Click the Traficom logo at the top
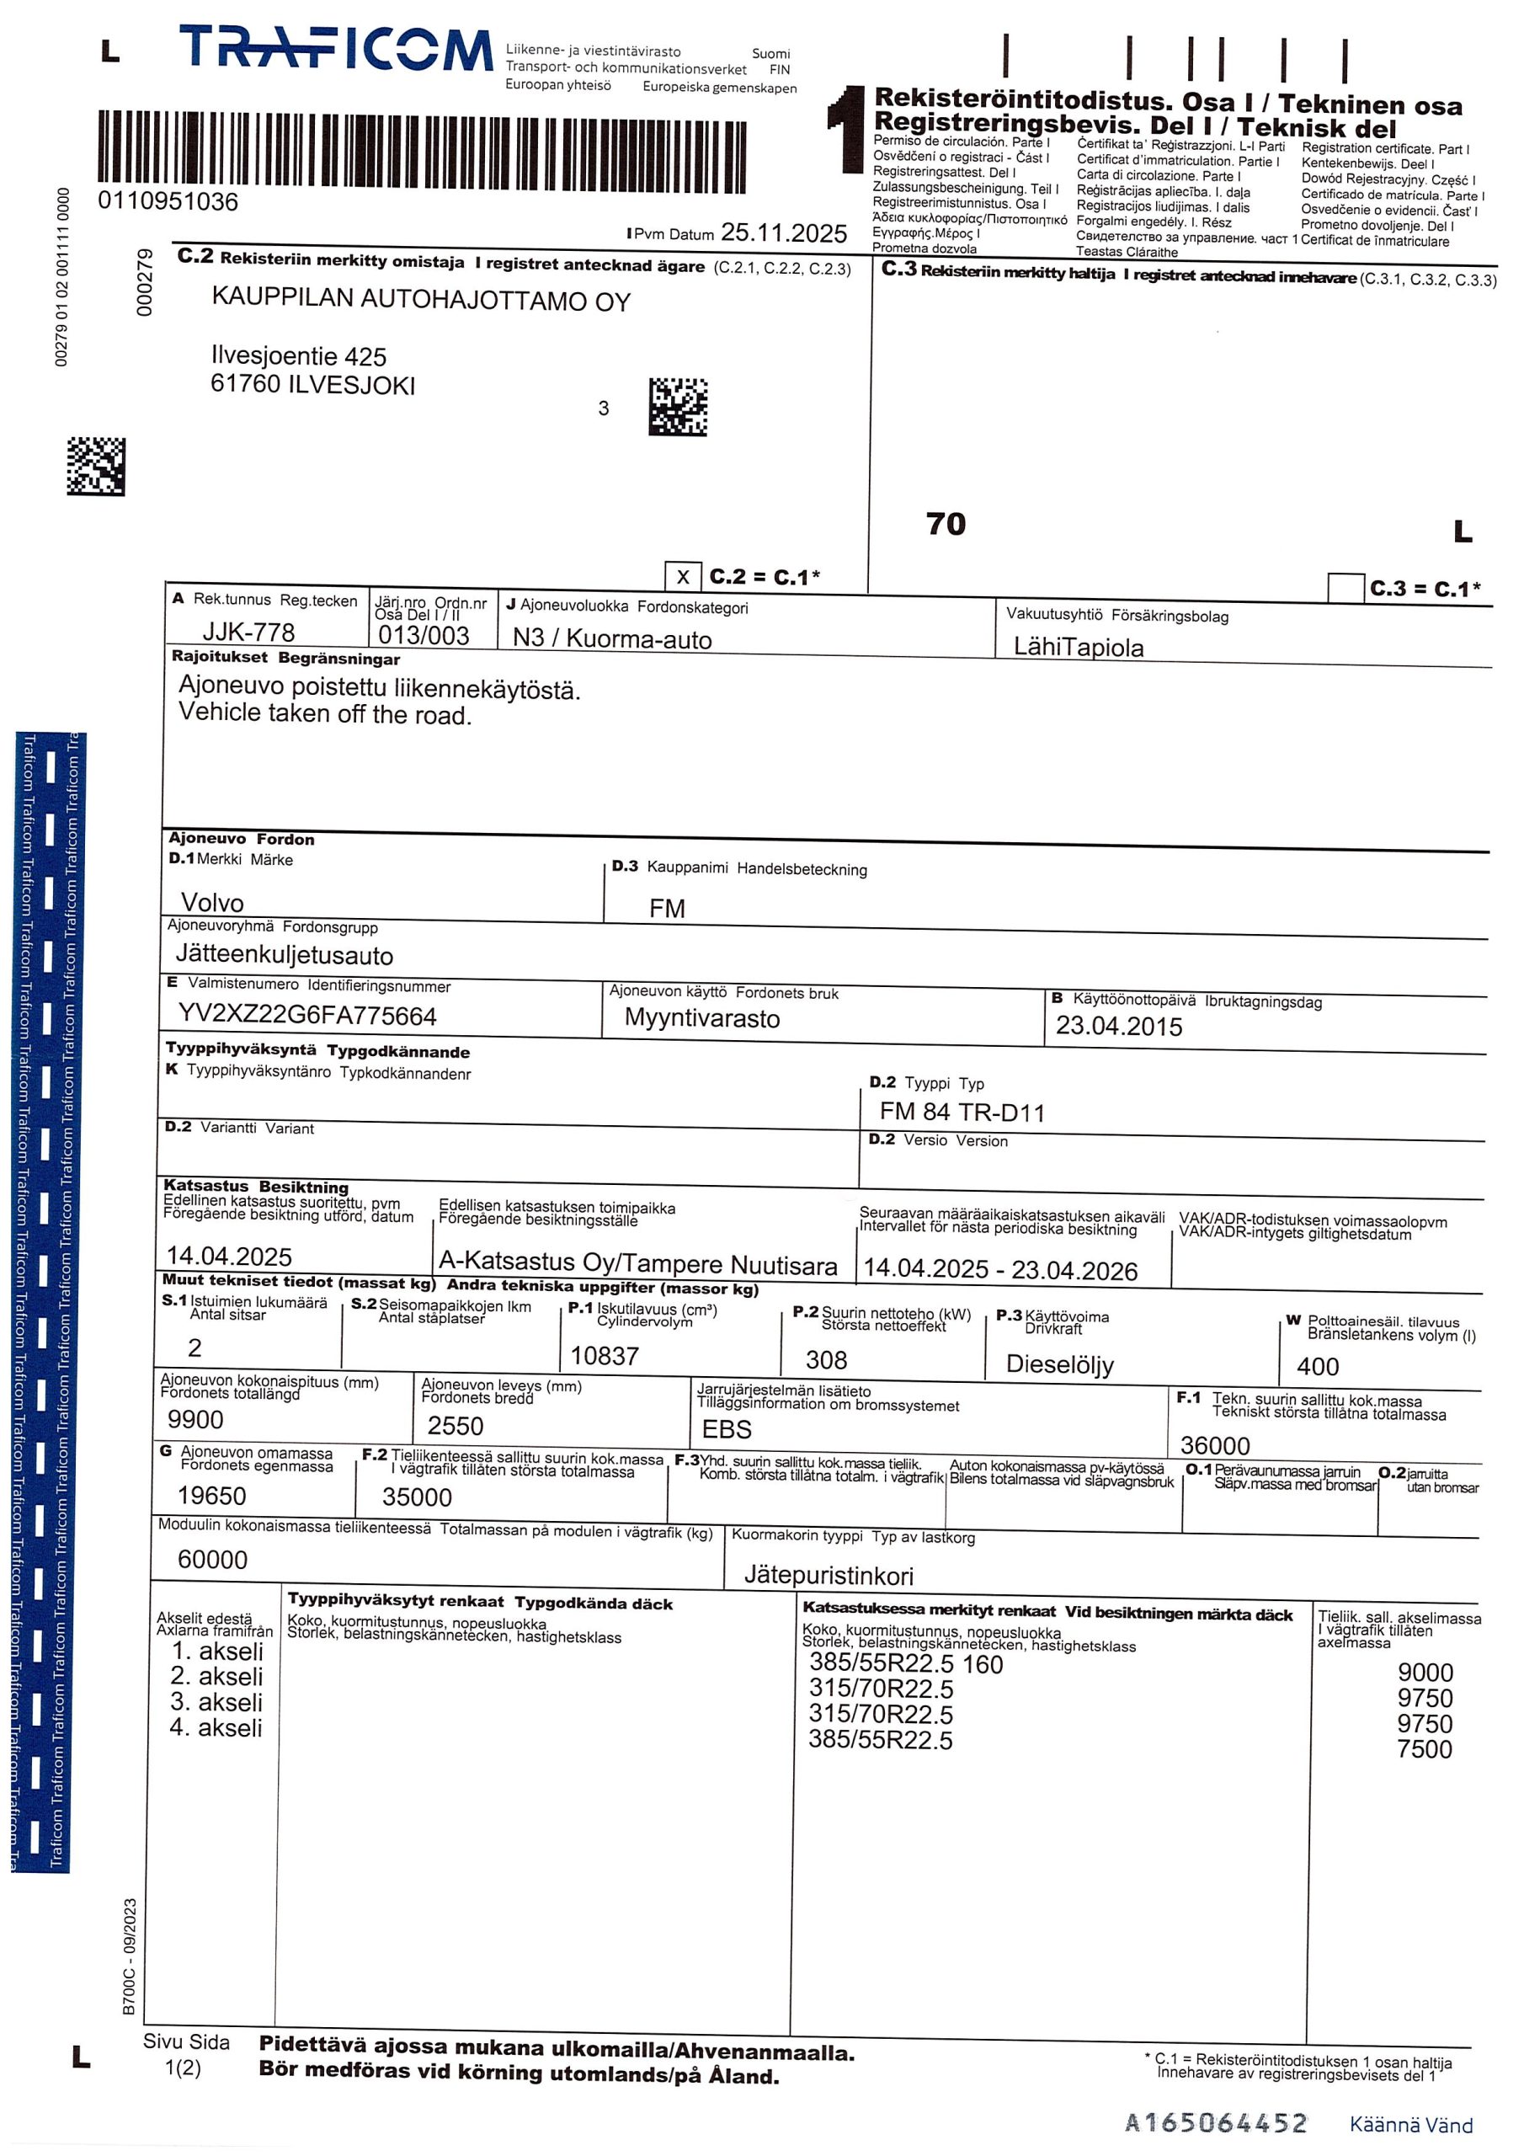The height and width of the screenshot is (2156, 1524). [x=335, y=49]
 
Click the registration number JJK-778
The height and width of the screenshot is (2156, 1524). [x=249, y=632]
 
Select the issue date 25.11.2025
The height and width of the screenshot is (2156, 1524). [x=783, y=233]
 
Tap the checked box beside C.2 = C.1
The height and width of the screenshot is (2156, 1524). [x=683, y=577]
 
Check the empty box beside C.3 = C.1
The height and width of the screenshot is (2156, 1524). [x=1345, y=588]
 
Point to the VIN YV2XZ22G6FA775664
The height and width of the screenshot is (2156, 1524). [x=307, y=1016]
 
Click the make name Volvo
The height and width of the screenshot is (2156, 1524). [x=212, y=902]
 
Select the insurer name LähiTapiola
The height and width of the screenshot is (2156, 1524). [x=1078, y=647]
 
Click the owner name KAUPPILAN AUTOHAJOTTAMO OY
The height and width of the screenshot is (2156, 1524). [x=421, y=301]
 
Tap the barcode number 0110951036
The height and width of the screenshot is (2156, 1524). [x=168, y=202]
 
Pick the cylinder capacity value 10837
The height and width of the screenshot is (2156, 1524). [x=605, y=1356]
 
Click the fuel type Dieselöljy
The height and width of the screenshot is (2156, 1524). [x=1059, y=1364]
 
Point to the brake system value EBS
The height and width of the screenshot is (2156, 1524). [x=727, y=1429]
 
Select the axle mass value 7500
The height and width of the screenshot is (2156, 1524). [x=1424, y=1748]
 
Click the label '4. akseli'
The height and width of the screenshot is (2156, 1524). [x=216, y=1728]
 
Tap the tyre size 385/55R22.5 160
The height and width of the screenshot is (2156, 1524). [x=905, y=1665]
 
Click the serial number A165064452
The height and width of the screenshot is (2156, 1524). [x=1215, y=2122]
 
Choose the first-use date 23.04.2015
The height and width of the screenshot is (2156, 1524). [x=1118, y=1027]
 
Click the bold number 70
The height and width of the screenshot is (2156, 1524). [x=946, y=524]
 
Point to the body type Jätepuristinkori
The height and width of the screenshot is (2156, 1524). [x=829, y=1575]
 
